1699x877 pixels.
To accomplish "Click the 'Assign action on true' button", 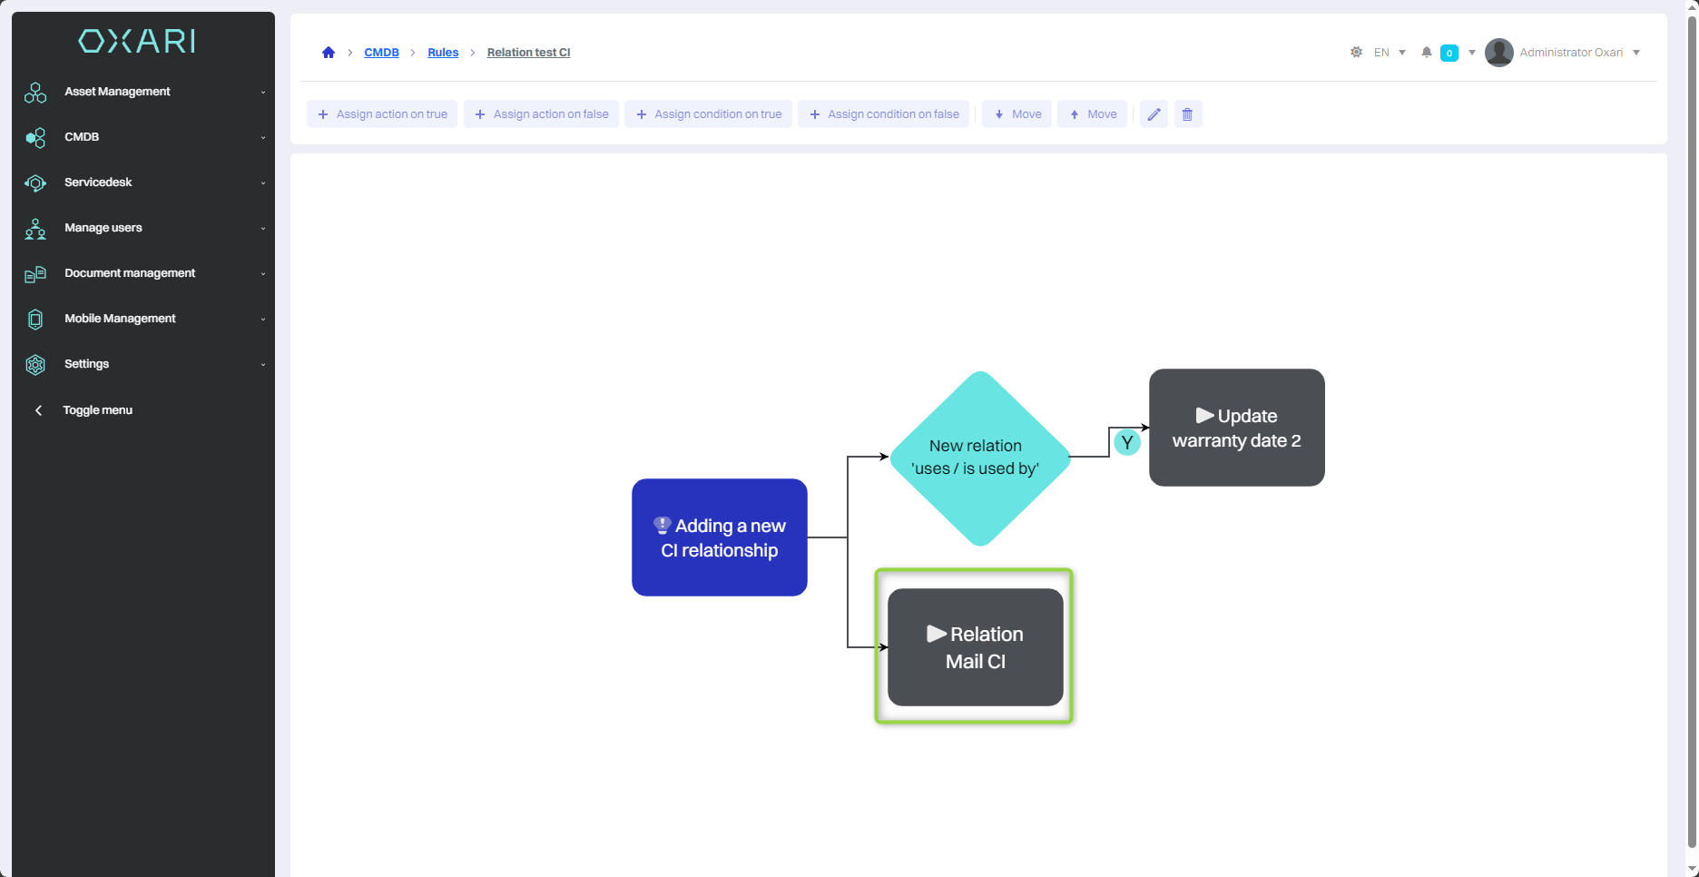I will (x=382, y=114).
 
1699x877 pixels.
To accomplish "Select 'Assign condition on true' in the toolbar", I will (x=708, y=114).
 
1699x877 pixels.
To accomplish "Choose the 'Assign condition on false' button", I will (x=883, y=114).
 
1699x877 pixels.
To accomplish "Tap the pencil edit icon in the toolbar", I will (x=1154, y=114).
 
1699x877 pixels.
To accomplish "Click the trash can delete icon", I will (x=1187, y=114).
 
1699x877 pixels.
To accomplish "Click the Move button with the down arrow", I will (x=1016, y=114).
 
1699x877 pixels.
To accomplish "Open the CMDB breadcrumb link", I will (x=381, y=53).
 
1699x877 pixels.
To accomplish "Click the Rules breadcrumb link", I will (x=443, y=53).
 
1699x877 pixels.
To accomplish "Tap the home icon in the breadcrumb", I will (x=329, y=53).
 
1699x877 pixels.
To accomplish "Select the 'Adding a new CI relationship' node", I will (x=719, y=537).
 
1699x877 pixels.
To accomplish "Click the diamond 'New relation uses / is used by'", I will (x=979, y=458).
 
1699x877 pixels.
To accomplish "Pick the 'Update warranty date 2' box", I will (x=1236, y=428).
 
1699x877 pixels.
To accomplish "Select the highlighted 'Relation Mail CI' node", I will (x=975, y=647).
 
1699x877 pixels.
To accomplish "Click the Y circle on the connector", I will (x=1126, y=443).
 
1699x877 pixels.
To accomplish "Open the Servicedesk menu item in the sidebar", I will (x=98, y=182).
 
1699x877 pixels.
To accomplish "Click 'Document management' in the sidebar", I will (x=130, y=273).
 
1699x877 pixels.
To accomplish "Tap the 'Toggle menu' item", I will (x=97, y=410).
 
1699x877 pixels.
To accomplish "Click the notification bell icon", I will (x=1427, y=53).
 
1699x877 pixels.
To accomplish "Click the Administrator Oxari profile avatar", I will (x=1498, y=53).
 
